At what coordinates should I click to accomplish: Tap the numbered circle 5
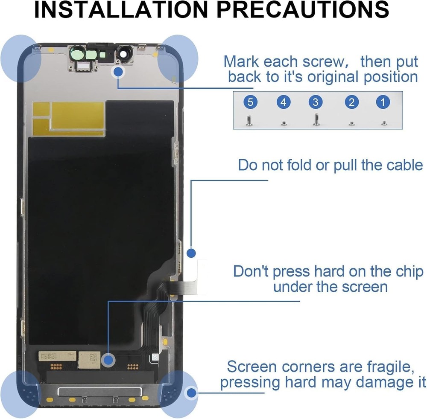tap(251, 102)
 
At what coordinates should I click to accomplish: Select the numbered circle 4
tap(283, 102)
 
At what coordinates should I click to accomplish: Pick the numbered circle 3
tap(316, 102)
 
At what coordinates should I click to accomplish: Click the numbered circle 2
tap(351, 102)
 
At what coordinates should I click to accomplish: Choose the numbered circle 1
tap(383, 102)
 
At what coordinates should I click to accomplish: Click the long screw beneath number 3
tap(316, 119)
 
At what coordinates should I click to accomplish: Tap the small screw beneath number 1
tap(383, 123)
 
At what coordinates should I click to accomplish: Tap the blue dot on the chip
tap(109, 360)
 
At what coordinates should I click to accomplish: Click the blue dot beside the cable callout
tap(191, 253)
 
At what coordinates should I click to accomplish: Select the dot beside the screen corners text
tap(192, 391)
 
